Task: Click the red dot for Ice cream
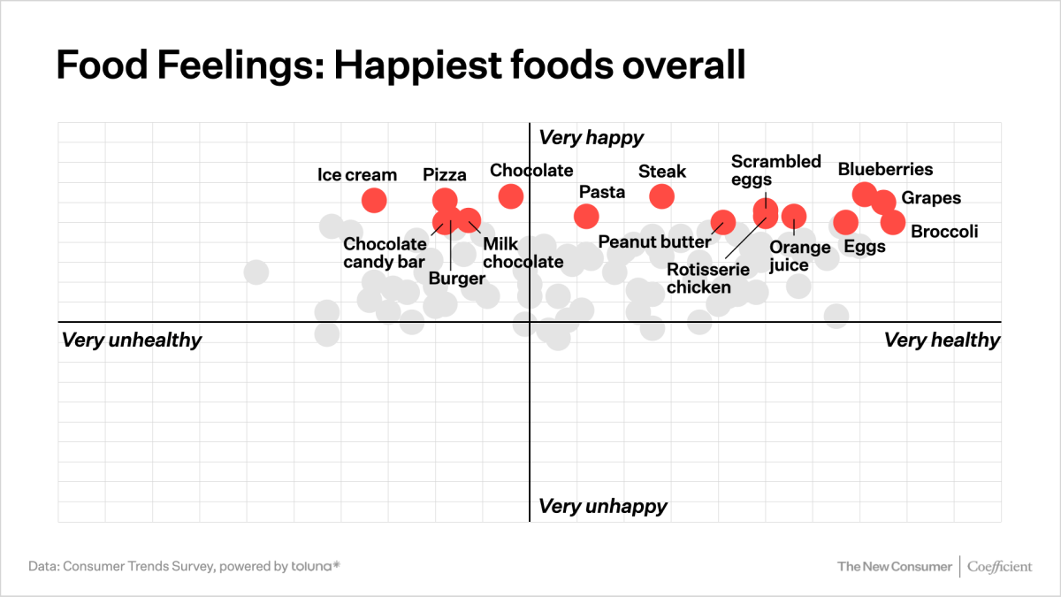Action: (374, 200)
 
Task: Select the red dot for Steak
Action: (661, 195)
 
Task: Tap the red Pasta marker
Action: (586, 215)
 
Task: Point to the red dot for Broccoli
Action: (893, 222)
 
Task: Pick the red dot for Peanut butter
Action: (723, 221)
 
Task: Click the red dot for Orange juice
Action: (794, 215)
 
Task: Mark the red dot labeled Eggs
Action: (846, 221)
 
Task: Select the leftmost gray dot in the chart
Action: (256, 272)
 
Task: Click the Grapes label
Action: (931, 198)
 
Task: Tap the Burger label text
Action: (457, 279)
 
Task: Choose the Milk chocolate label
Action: (523, 253)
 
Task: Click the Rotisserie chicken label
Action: (707, 278)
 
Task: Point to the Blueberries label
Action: (885, 169)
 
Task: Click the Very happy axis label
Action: (592, 137)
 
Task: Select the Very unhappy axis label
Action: (603, 506)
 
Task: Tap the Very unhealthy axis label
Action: (132, 340)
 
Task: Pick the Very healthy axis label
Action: (942, 340)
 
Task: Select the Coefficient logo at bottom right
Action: (999, 566)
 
